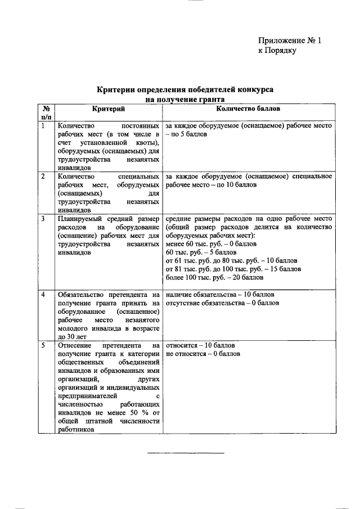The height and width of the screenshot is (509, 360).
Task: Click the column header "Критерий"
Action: tap(108, 108)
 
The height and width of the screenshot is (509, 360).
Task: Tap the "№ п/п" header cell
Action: tap(46, 112)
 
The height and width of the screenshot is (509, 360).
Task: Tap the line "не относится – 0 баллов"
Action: tap(203, 353)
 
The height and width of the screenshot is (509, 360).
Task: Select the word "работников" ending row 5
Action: tap(75, 429)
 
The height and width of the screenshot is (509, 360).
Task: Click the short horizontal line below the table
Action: tap(186, 453)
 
